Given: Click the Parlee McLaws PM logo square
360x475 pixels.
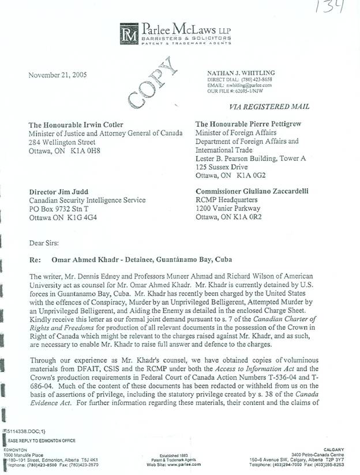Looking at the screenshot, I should (130, 32).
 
